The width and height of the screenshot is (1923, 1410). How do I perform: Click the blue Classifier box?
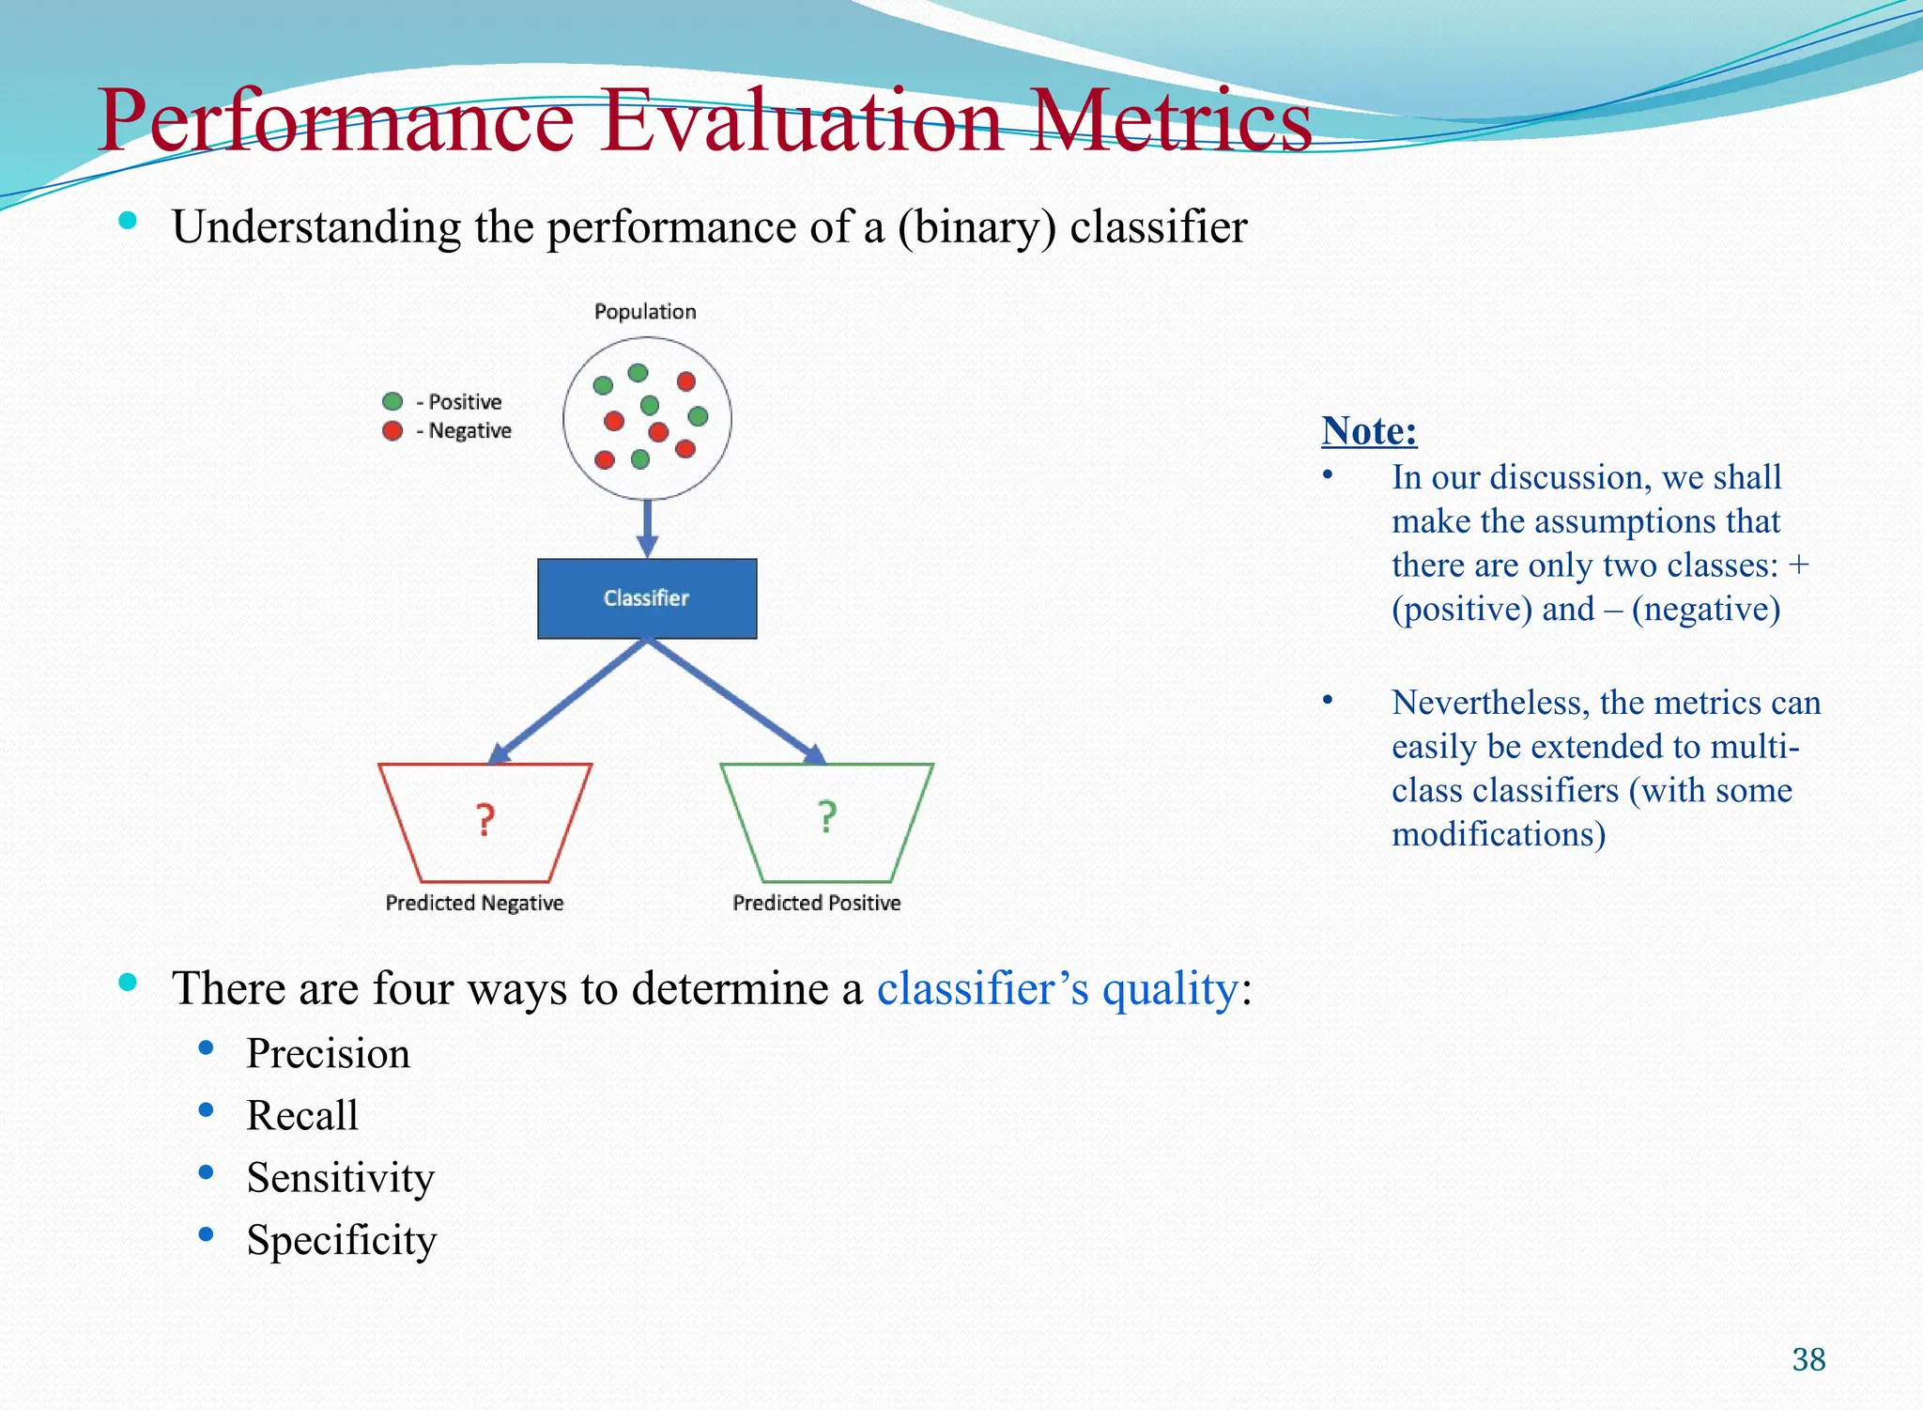tap(647, 598)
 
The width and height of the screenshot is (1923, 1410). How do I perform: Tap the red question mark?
tap(485, 820)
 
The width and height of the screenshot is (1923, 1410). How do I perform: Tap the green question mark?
tap(826, 817)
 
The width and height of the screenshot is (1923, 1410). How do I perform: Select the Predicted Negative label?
tap(474, 903)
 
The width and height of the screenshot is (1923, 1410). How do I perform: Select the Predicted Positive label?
tap(816, 903)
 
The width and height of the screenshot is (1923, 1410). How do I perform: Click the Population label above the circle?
tap(645, 312)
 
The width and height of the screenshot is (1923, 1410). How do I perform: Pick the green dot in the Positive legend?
tap(392, 402)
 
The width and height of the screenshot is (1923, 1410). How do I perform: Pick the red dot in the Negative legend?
tap(392, 431)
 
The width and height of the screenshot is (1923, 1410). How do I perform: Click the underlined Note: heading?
tap(1368, 431)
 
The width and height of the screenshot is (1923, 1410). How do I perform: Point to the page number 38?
tap(1808, 1359)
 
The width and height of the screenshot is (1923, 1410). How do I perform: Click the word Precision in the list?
tap(328, 1054)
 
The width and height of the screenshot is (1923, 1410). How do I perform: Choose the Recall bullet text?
tap(302, 1116)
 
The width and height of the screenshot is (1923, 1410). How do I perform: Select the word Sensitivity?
tap(341, 1178)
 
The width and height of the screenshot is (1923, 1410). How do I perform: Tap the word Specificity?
tap(342, 1240)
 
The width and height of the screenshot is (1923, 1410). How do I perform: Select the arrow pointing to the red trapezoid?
tap(567, 701)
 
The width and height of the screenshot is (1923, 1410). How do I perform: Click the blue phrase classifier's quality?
tap(1057, 989)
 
